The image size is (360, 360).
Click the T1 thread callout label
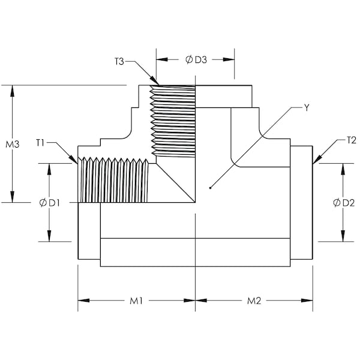41,143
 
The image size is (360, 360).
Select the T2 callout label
352,140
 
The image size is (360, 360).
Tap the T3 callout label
120,61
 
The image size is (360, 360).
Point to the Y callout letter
307,108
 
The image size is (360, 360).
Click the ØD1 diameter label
49,203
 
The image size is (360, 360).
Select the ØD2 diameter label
343,203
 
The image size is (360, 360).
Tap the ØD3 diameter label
196,59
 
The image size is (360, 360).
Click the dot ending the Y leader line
210,188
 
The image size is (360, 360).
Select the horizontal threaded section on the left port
114,180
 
